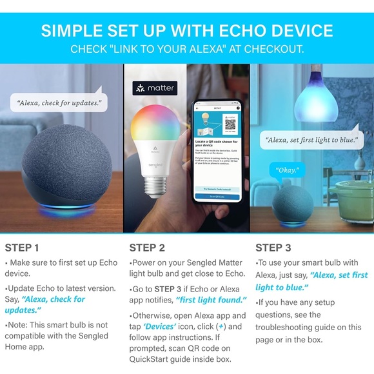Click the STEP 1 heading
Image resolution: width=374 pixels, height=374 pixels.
(23, 248)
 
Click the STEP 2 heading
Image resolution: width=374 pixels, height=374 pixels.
(147, 248)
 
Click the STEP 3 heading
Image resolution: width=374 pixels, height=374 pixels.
(273, 248)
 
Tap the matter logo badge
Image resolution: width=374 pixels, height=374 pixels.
(154, 88)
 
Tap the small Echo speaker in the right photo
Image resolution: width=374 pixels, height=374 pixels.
(294, 205)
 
